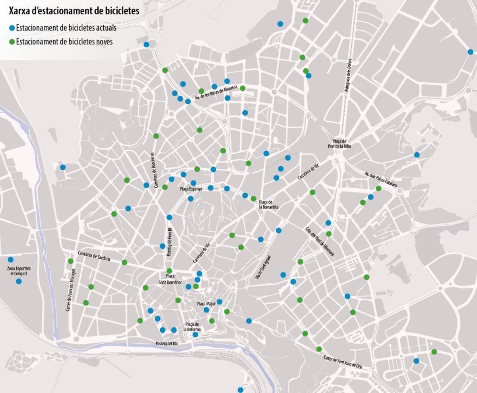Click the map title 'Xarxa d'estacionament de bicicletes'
tap(74, 11)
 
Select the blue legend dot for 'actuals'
tap(12, 28)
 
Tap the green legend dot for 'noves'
tap(12, 41)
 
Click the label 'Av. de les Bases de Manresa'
tap(216, 93)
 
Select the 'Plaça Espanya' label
tap(191, 189)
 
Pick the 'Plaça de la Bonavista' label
tap(269, 204)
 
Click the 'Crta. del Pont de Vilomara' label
tap(320, 241)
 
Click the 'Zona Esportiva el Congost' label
tap(19, 271)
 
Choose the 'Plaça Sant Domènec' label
tap(170, 279)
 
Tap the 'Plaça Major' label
tap(206, 304)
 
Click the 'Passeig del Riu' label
tap(167, 343)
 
